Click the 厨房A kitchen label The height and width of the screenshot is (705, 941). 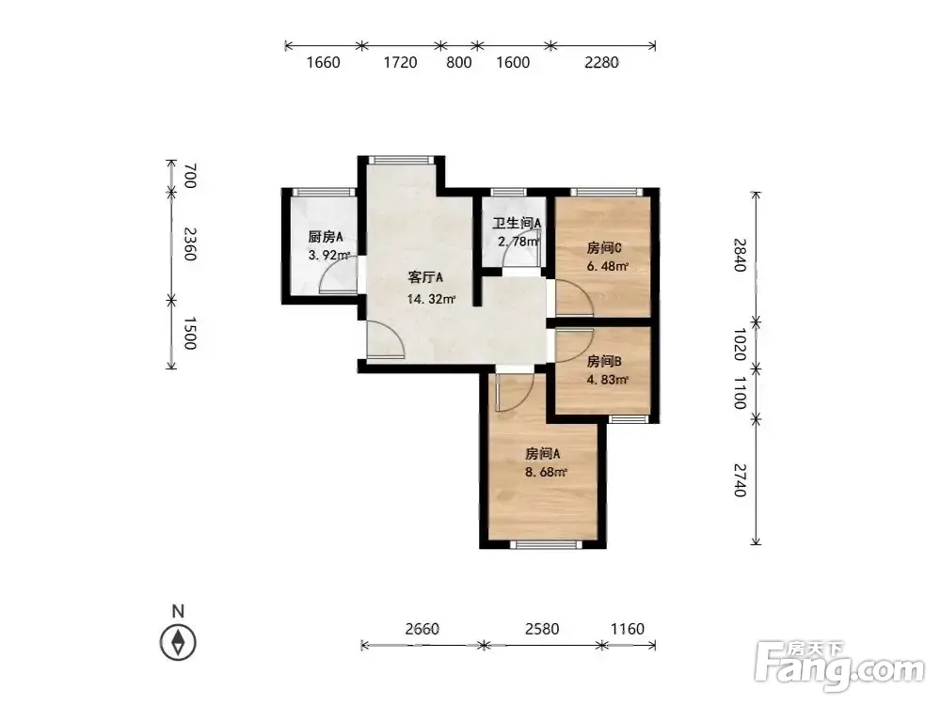[x=326, y=237]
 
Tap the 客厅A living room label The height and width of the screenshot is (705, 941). [x=425, y=277]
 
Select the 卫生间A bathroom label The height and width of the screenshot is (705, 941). [x=518, y=223]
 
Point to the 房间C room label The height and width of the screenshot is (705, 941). [x=604, y=249]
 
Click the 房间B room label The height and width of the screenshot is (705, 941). [x=604, y=362]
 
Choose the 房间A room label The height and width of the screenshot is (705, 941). [x=543, y=454]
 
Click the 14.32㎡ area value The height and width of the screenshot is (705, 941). [x=432, y=299]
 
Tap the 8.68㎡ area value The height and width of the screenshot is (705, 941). [x=546, y=472]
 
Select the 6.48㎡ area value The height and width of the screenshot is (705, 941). [x=607, y=266]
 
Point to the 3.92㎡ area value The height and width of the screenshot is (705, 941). [x=328, y=256]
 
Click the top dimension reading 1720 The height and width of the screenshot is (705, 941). [x=400, y=62]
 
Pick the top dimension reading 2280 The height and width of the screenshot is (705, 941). [x=602, y=62]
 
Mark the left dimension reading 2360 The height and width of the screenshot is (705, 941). [x=189, y=244]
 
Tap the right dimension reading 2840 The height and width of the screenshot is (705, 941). [x=741, y=255]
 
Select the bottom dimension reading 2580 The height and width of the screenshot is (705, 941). [x=542, y=629]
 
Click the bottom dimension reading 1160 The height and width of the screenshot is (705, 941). [x=627, y=629]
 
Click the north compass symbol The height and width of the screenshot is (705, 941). [x=178, y=643]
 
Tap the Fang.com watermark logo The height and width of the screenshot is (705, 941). [x=840, y=666]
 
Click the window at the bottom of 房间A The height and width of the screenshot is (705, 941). [x=546, y=544]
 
